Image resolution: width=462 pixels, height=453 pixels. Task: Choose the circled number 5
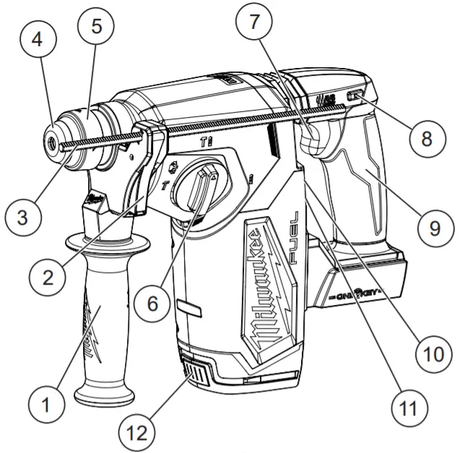[96, 25]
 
